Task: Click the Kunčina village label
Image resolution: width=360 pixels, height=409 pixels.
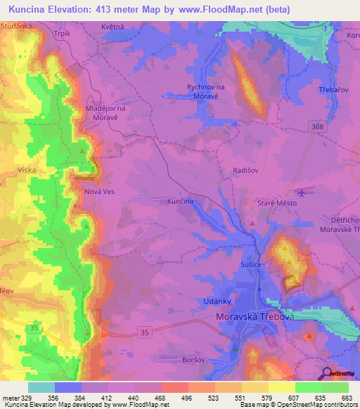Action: [x=180, y=201]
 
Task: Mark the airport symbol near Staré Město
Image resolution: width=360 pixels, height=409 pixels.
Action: [x=303, y=192]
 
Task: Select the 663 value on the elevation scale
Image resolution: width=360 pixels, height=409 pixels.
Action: [x=346, y=398]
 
